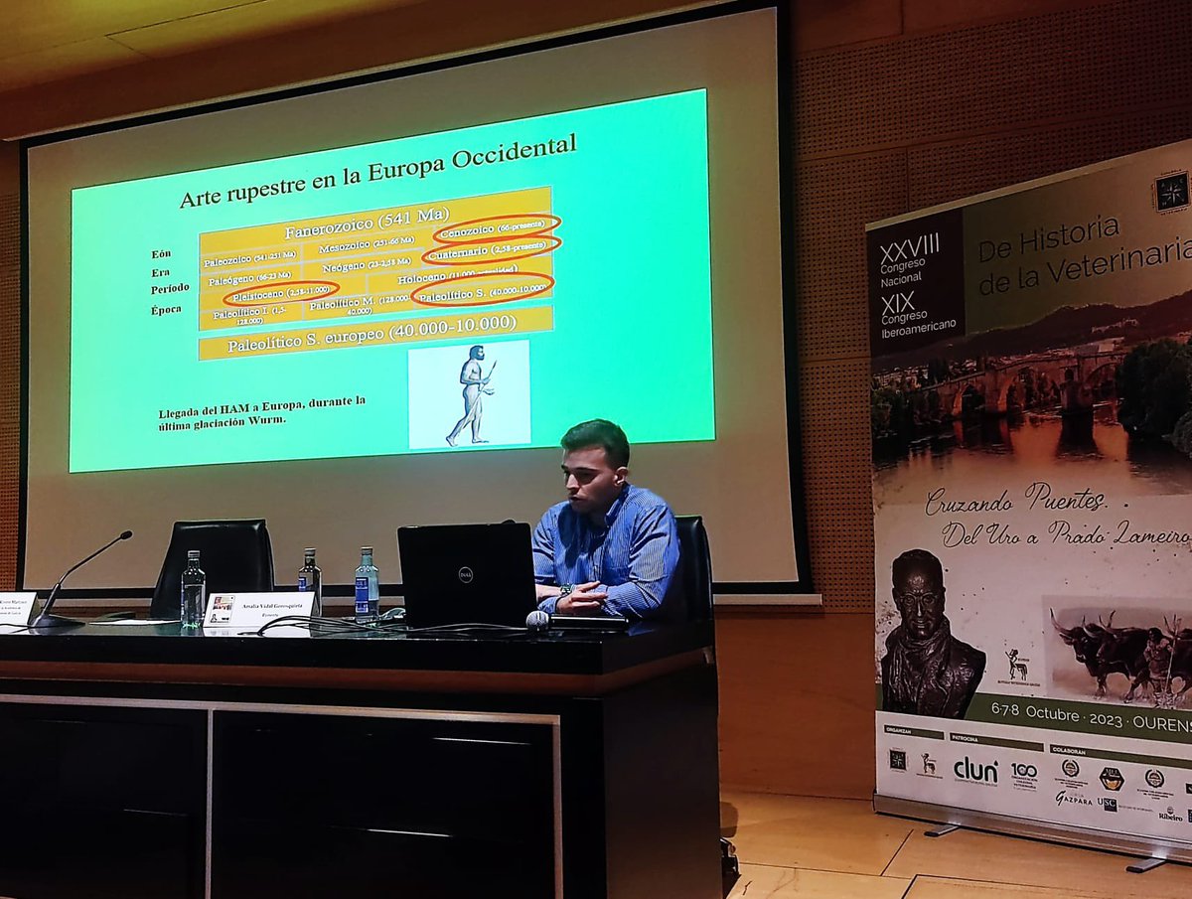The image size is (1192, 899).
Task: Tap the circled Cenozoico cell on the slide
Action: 496,227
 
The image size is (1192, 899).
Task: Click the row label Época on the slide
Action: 170,310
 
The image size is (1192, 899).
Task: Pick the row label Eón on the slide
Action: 162,254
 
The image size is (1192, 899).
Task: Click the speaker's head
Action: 593,462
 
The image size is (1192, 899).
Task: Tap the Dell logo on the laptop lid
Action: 465,574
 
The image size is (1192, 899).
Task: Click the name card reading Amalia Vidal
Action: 260,608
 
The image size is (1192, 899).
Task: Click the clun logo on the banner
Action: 975,769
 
